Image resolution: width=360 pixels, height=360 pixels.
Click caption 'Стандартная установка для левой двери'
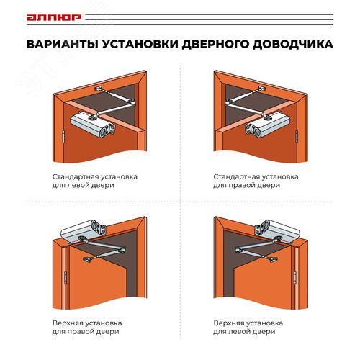95,180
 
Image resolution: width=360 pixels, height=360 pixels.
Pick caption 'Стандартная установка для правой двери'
256,180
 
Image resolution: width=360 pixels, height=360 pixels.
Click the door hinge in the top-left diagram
63,135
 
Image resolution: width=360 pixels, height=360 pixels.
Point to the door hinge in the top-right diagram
296,135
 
